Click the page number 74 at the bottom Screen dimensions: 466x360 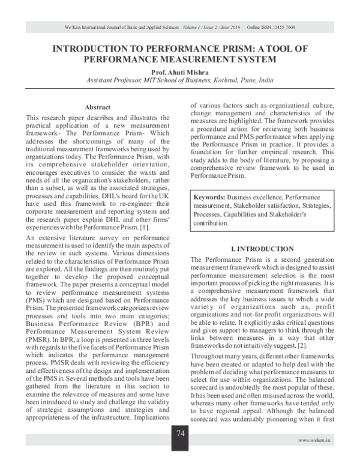(x=180, y=434)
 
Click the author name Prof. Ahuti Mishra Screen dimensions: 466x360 (x=180, y=72)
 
